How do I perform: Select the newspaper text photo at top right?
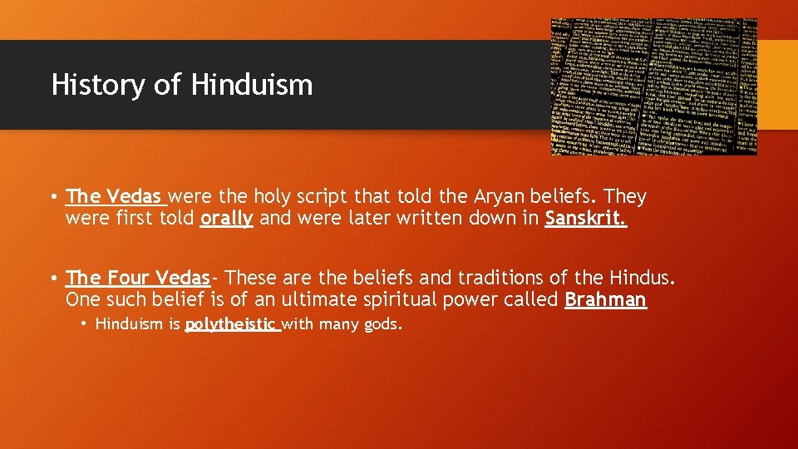653,86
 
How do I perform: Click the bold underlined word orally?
226,220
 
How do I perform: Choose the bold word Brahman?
605,299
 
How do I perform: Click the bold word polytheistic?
231,324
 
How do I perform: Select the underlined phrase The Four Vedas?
137,277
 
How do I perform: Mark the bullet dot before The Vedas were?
52,198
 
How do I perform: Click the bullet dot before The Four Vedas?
52,278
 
